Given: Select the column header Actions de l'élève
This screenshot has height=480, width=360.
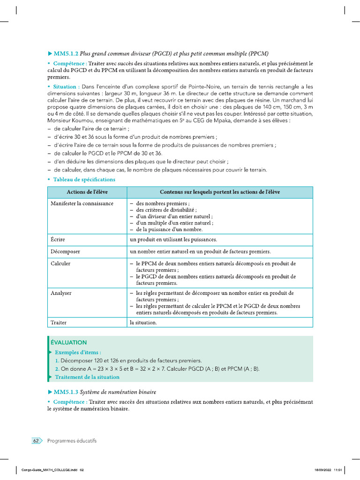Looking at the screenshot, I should pyautogui.click(x=87, y=192).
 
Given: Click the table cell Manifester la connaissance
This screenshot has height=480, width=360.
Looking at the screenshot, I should pyautogui.click(x=82, y=203).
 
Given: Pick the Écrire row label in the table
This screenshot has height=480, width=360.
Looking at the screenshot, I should pyautogui.click(x=58, y=240).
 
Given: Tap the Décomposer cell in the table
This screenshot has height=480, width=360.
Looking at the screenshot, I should pyautogui.click(x=65, y=252).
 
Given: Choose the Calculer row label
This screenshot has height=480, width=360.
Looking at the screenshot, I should pyautogui.click(x=60, y=263).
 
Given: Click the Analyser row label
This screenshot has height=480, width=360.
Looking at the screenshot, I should pyautogui.click(x=61, y=293).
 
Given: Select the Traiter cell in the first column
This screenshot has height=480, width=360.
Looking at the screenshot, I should pyautogui.click(x=59, y=322).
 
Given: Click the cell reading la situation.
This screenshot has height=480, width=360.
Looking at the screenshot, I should pyautogui.click(x=143, y=322).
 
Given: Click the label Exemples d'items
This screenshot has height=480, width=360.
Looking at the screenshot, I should pyautogui.click(x=78, y=352).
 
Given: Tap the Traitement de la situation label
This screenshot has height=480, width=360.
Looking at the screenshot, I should pyautogui.click(x=87, y=377).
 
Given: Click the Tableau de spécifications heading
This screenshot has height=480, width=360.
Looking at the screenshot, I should pyautogui.click(x=84, y=180).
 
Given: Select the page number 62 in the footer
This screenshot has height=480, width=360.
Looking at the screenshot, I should pyautogui.click(x=36, y=441).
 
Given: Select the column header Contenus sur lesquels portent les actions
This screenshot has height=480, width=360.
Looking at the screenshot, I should pyautogui.click(x=220, y=192).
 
